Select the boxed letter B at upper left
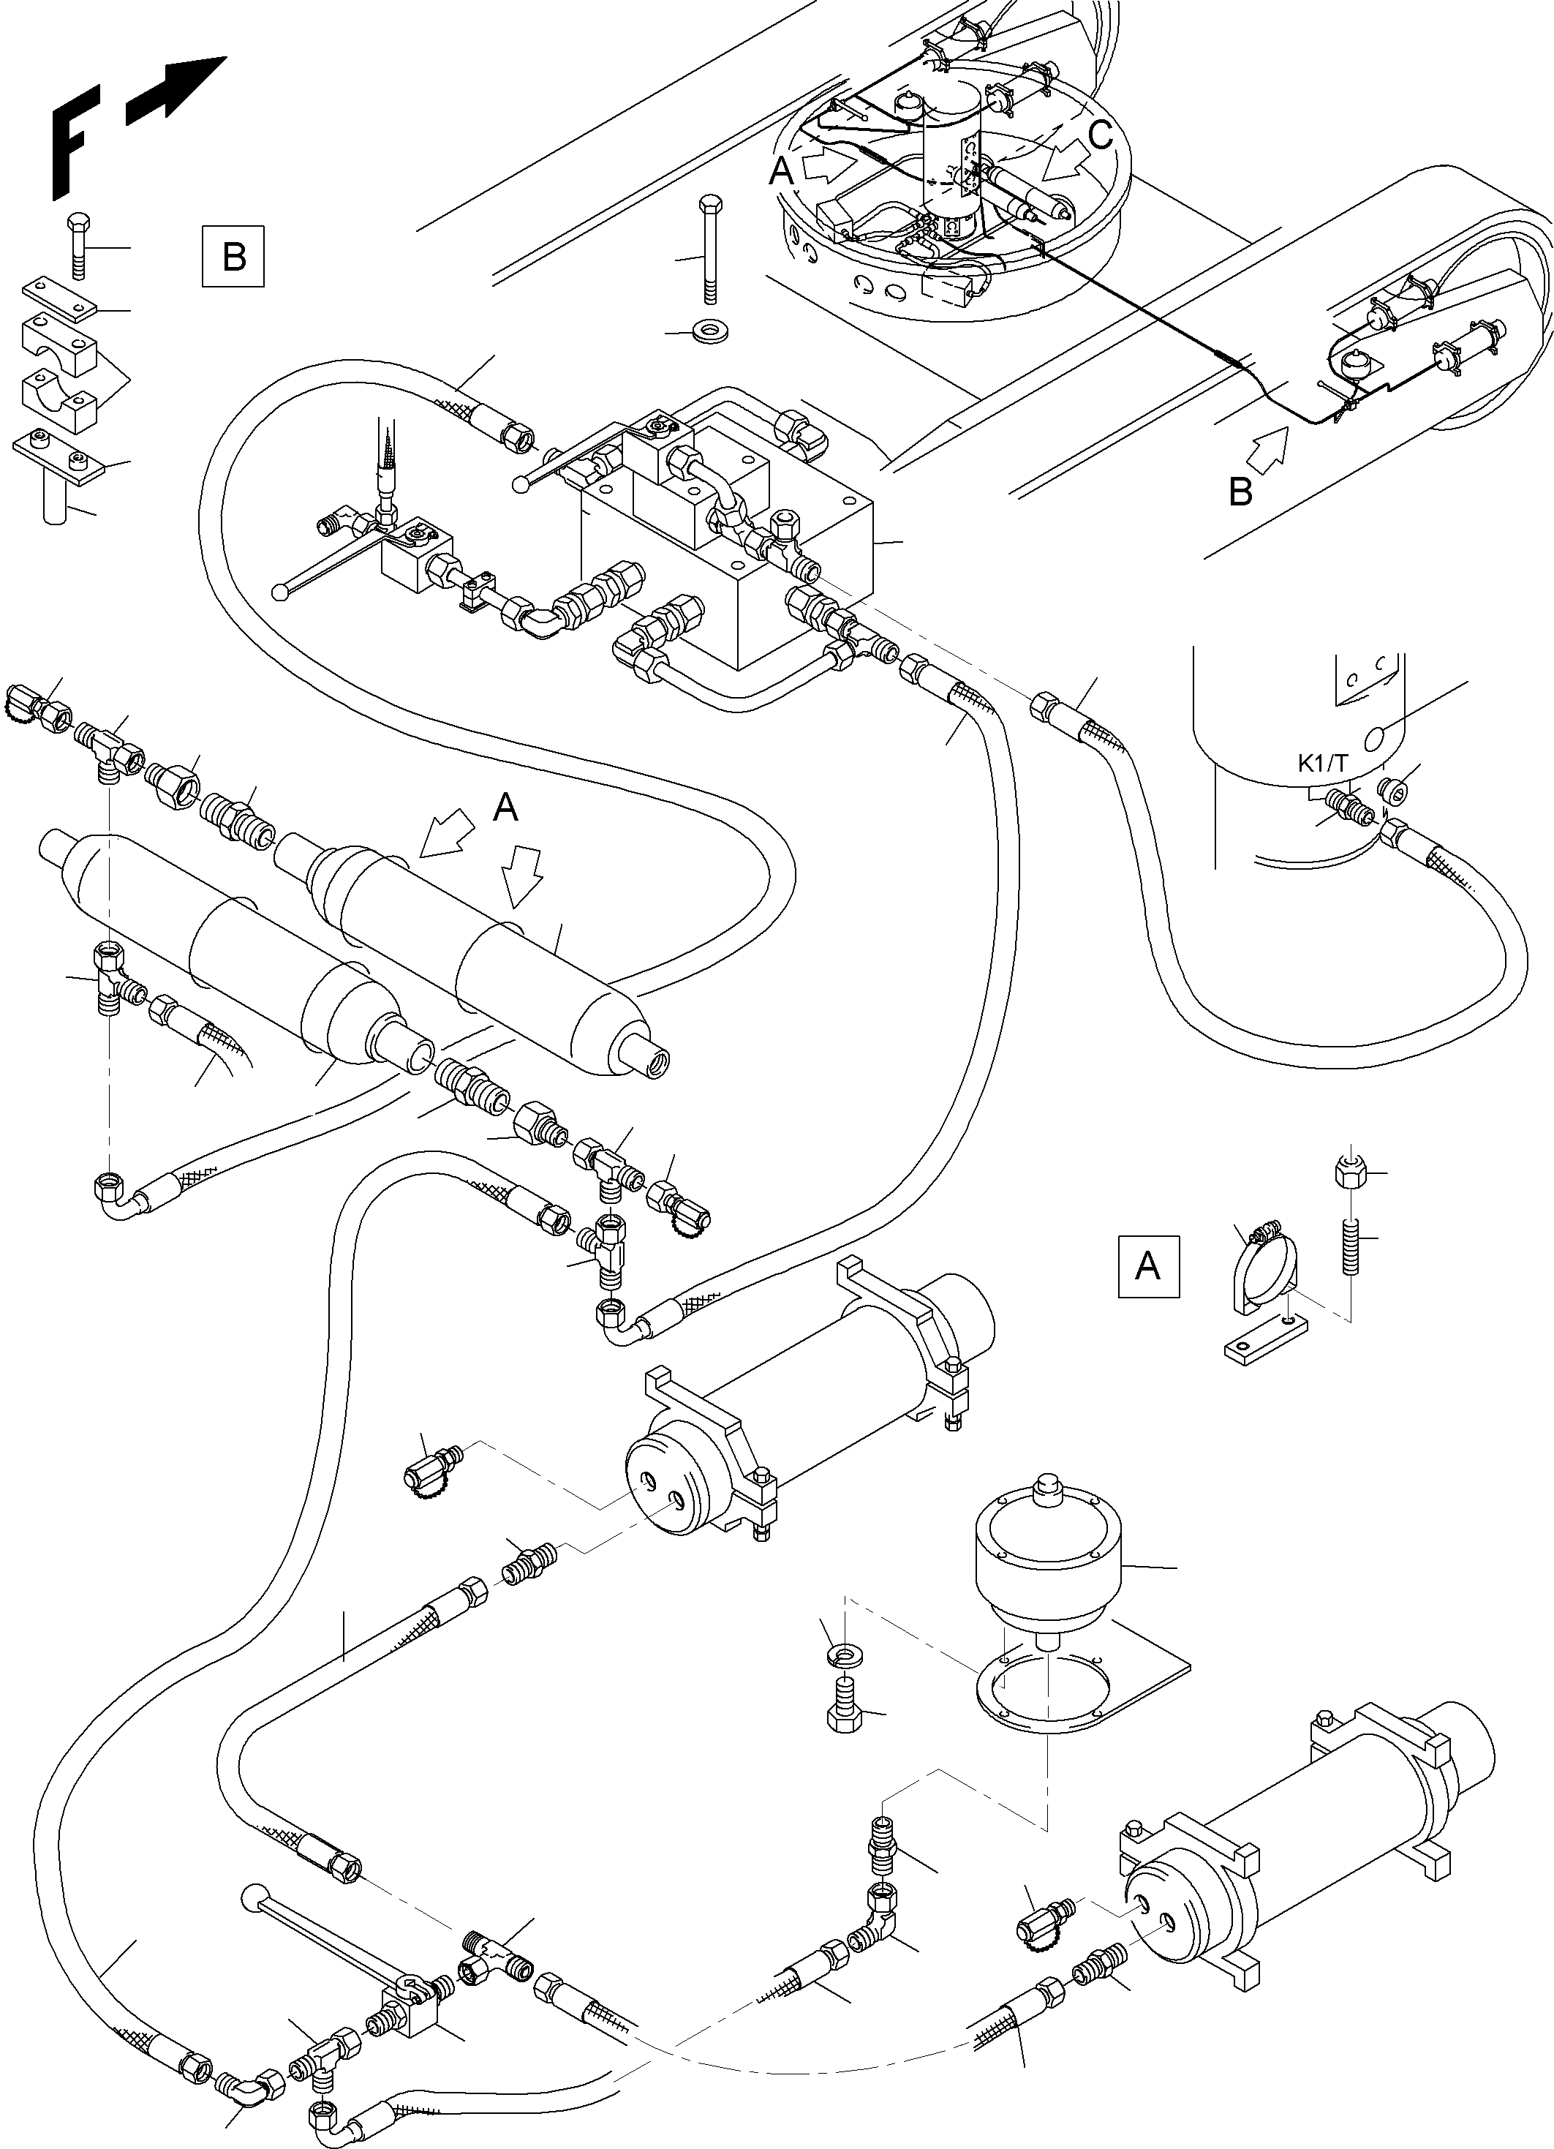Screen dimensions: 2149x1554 click(x=233, y=256)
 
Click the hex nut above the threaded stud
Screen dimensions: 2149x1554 click(x=1349, y=1174)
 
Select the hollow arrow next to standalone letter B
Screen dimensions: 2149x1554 click(x=1270, y=445)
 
